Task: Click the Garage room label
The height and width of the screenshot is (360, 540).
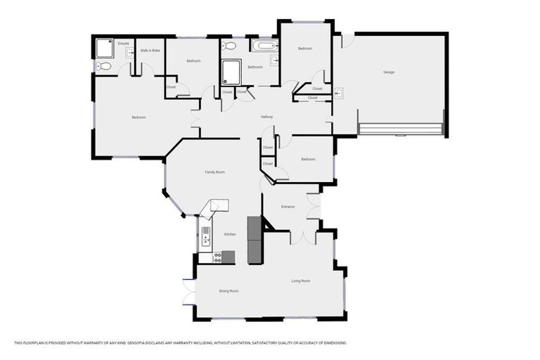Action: pyautogui.click(x=388, y=72)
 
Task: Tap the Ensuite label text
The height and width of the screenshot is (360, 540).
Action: pyautogui.click(x=123, y=44)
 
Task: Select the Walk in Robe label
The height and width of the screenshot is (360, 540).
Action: pyautogui.click(x=149, y=50)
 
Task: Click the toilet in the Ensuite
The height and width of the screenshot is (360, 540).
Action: pyautogui.click(x=103, y=67)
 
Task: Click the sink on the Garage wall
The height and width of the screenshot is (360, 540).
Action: pyautogui.click(x=338, y=92)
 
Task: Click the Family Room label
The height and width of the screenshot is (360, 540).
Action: pyautogui.click(x=214, y=172)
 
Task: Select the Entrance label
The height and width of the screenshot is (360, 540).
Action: pyautogui.click(x=288, y=207)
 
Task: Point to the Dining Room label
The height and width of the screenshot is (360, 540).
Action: pyautogui.click(x=229, y=290)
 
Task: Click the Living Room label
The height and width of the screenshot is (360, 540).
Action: pyautogui.click(x=301, y=281)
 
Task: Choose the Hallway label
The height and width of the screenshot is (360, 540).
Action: pyautogui.click(x=266, y=117)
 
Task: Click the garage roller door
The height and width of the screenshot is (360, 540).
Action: pyautogui.click(x=401, y=129)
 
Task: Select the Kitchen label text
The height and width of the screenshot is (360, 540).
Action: pyautogui.click(x=229, y=234)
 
